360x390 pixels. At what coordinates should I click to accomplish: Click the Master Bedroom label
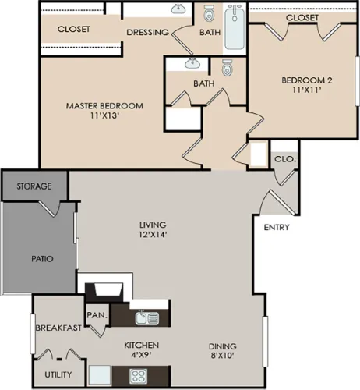pyautogui.click(x=104, y=106)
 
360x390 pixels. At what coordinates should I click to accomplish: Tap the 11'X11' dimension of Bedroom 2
pyautogui.click(x=307, y=90)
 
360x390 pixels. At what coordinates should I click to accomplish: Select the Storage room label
pyautogui.click(x=34, y=186)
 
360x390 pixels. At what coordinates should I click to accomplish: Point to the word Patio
pyautogui.click(x=42, y=259)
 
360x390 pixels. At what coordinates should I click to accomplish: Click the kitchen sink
pyautogui.click(x=147, y=317)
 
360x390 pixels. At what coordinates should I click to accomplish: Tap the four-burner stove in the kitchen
pyautogui.click(x=138, y=376)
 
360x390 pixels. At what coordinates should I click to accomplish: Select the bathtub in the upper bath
pyautogui.click(x=235, y=27)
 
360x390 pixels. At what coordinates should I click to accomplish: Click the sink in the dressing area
pyautogui.click(x=178, y=9)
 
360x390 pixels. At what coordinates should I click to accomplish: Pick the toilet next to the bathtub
pyautogui.click(x=209, y=13)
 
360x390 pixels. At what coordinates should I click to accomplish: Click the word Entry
pyautogui.click(x=277, y=227)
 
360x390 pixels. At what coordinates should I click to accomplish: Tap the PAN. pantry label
pyautogui.click(x=97, y=315)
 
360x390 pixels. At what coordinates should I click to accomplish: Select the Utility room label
pyautogui.click(x=58, y=374)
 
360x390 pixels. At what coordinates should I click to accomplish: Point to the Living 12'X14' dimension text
pyautogui.click(x=153, y=235)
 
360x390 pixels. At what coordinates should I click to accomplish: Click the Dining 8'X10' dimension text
pyautogui.click(x=223, y=355)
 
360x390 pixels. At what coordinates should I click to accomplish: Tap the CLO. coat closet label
pyautogui.click(x=285, y=159)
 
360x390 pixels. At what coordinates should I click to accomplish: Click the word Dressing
pyautogui.click(x=147, y=32)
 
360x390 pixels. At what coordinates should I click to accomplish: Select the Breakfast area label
pyautogui.click(x=58, y=328)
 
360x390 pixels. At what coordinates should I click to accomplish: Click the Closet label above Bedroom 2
pyautogui.click(x=302, y=17)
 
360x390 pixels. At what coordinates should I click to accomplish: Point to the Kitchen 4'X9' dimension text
pyautogui.click(x=141, y=355)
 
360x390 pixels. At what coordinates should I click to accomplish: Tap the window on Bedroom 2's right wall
pyautogui.click(x=358, y=81)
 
